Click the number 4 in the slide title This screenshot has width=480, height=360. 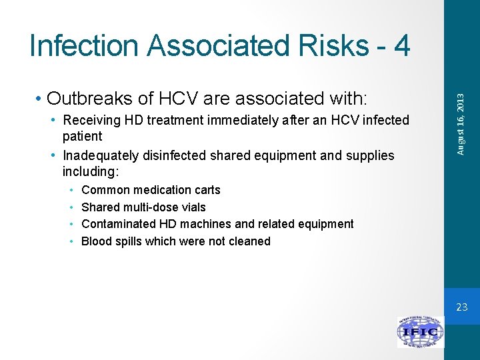[401, 45]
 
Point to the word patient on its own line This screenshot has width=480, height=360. [82, 137]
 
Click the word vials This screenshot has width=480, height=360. [192, 207]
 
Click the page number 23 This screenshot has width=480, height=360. [462, 307]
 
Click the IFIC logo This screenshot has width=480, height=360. [420, 331]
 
